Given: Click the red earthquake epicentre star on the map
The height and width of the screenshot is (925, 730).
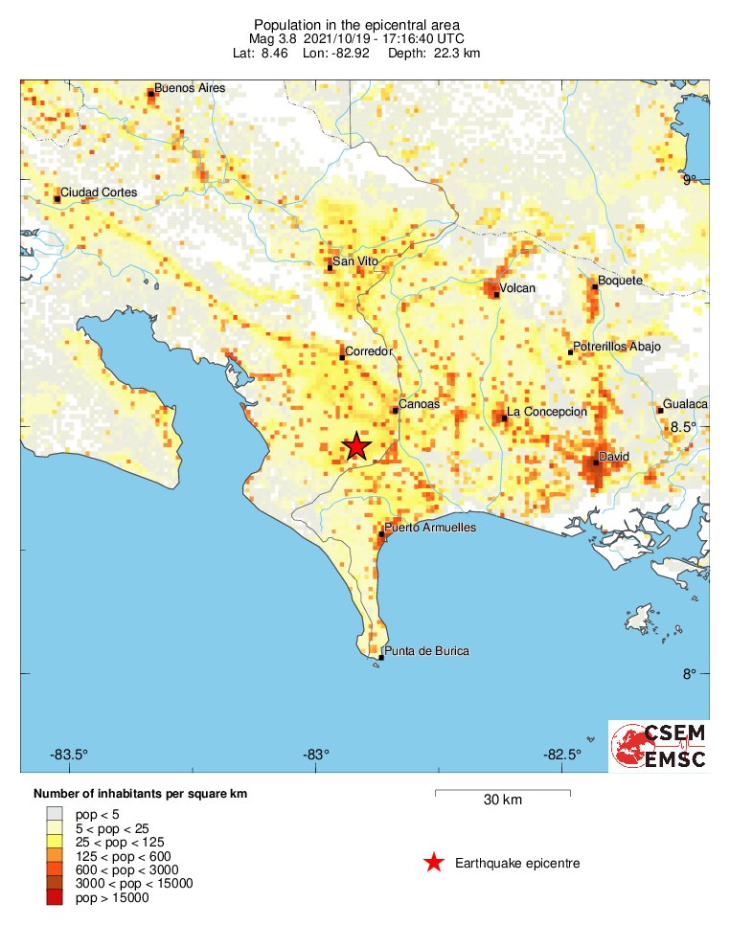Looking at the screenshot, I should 356,446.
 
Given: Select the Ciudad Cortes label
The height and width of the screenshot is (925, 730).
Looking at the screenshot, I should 99,192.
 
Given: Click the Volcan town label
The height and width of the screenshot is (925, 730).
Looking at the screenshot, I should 517,288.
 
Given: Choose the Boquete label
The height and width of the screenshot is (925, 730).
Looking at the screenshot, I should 620,281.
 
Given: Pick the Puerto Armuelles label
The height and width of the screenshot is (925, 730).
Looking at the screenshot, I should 430,528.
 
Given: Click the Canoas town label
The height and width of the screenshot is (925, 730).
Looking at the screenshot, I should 419,404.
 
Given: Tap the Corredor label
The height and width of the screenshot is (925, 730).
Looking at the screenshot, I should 369,351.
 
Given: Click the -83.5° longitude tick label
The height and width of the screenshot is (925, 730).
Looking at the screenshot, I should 70,754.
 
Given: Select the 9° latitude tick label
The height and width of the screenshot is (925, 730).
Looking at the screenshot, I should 691,179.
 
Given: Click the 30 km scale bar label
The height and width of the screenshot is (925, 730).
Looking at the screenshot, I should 502,801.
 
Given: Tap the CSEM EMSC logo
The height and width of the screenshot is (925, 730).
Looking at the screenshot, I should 659,746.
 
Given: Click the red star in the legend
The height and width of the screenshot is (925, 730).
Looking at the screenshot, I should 434,863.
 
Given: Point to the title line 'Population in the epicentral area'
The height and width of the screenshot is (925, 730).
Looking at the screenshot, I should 356,24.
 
